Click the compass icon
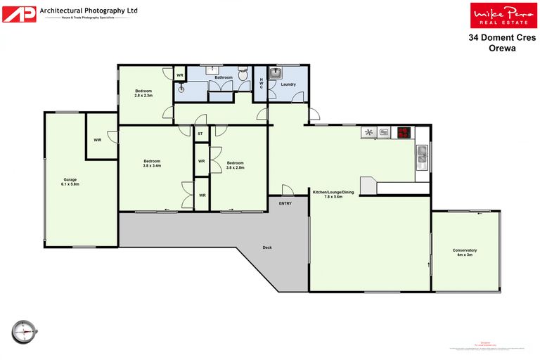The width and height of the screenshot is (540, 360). [23, 329]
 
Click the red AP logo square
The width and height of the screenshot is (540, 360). [19, 13]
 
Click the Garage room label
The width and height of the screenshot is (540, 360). [70, 181]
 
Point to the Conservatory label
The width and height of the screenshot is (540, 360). [465, 252]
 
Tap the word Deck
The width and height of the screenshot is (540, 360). [267, 247]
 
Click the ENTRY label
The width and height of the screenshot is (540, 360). [285, 203]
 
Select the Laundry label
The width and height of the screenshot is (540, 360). [288, 84]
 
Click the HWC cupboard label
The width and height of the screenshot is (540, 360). [262, 84]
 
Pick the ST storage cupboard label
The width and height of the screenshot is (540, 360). [200, 133]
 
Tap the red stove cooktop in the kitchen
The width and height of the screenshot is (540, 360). [404, 131]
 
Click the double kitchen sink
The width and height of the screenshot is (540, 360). [422, 154]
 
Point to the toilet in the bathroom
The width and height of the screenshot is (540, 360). [243, 73]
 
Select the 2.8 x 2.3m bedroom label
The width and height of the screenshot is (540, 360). [144, 93]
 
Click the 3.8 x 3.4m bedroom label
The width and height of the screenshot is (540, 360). [152, 163]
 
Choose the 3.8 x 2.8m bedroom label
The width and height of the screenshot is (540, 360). [236, 165]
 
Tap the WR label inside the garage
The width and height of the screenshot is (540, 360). [97, 140]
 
